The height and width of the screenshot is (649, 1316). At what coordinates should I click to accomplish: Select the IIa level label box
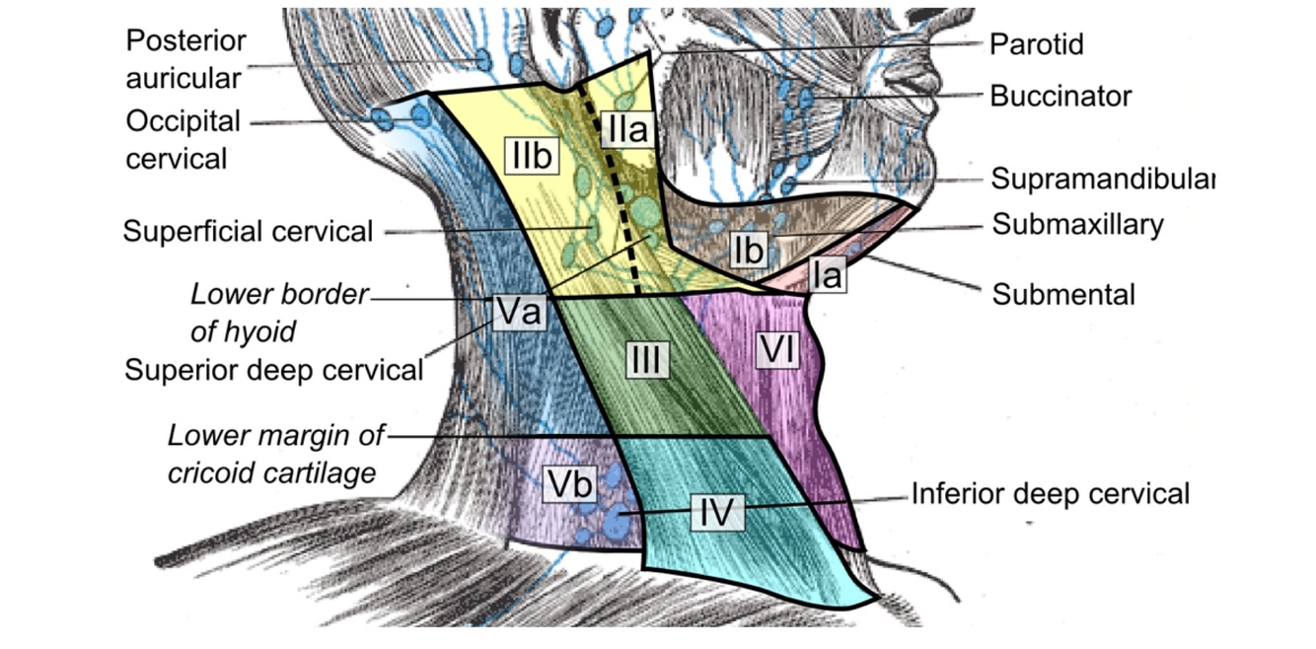(625, 129)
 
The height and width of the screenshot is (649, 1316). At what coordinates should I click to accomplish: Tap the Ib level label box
(749, 251)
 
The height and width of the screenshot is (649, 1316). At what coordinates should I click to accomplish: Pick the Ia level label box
(829, 275)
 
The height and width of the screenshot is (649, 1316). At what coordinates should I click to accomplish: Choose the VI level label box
(775, 350)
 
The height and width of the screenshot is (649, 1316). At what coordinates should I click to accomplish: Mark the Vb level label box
(569, 482)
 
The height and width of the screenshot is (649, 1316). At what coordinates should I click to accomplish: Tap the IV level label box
(717, 512)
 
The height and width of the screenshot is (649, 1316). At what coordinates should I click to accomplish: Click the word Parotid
(1037, 44)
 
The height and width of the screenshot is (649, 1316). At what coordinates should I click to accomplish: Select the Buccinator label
(1060, 96)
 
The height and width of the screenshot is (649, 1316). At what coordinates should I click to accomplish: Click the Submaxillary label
(1078, 225)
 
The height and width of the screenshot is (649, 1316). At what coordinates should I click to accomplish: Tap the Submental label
(1063, 293)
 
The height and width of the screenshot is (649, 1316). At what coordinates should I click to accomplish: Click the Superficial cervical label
(248, 232)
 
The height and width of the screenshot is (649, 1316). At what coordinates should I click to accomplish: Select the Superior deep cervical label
(273, 370)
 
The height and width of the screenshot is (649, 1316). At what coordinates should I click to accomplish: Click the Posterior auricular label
(185, 59)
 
